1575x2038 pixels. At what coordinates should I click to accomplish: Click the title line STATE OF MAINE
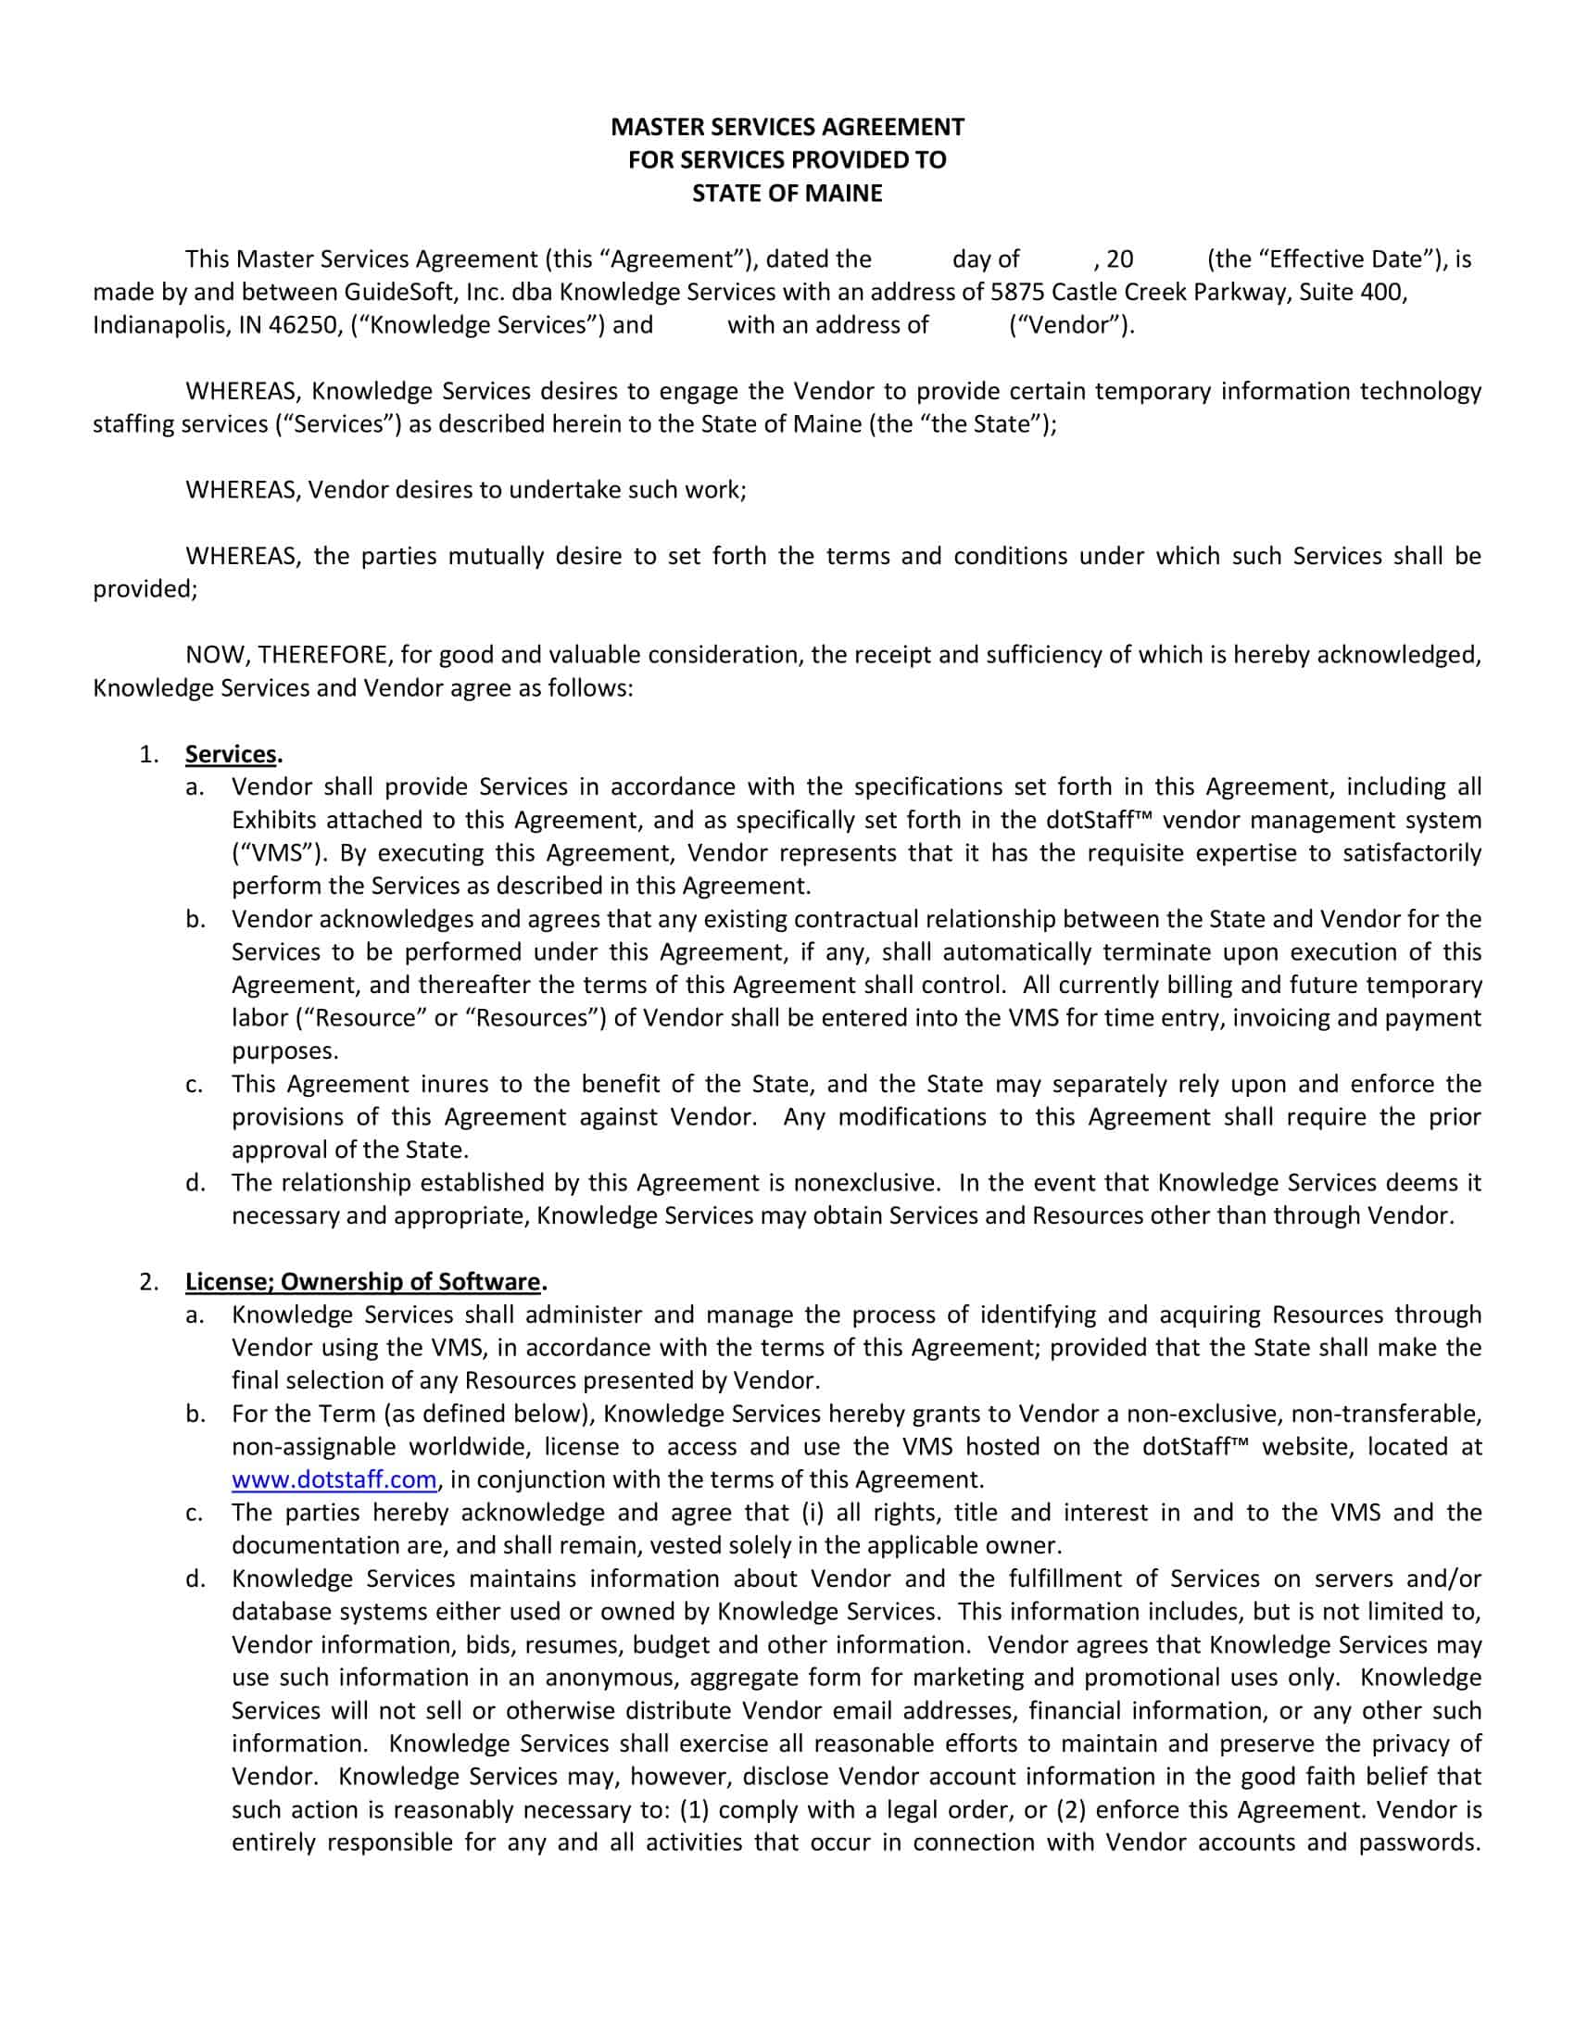pos(787,194)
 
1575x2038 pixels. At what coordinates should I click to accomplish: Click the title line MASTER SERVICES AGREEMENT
pos(787,126)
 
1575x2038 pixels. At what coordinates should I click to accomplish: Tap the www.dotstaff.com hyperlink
pos(334,1479)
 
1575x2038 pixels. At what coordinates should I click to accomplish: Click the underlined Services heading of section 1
pos(231,754)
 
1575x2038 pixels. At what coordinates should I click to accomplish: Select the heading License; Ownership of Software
pos(362,1281)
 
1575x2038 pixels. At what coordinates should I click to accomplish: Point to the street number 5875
pos(1017,292)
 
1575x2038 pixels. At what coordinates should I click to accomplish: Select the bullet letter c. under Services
pos(194,1085)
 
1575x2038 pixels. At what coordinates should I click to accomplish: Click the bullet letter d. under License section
pos(194,1579)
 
